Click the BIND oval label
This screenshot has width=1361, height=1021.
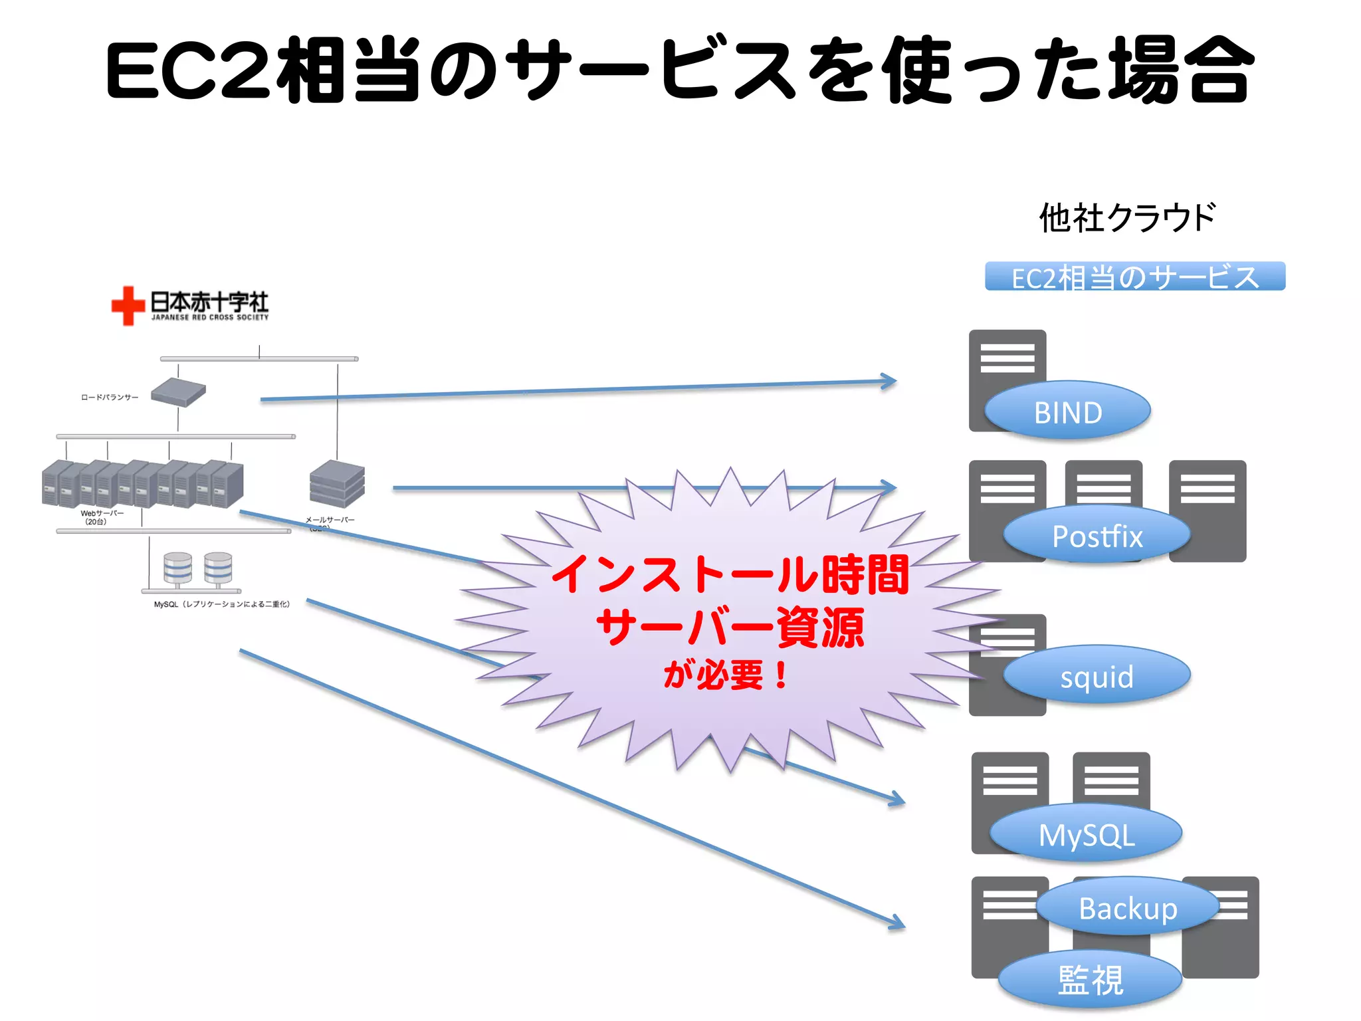[1067, 411]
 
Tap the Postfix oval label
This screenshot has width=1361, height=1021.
[1097, 535]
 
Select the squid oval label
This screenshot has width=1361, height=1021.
[1097, 676]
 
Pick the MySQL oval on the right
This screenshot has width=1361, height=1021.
[1086, 834]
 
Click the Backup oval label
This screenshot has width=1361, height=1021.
[1128, 907]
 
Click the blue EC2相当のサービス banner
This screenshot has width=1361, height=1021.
[1135, 277]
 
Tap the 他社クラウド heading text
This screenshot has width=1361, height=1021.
[1128, 218]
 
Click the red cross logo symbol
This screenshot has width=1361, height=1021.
[128, 306]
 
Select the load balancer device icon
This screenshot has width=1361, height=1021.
[178, 392]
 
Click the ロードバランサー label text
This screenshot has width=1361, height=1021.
[110, 397]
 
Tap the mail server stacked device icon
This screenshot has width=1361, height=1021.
[337, 484]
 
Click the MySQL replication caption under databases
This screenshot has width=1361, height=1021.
[221, 604]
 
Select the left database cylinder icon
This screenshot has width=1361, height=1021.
[178, 568]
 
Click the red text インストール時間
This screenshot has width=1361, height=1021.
[730, 575]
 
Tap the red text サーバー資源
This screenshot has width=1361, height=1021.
[730, 627]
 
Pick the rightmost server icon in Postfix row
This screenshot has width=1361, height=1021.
[1207, 510]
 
